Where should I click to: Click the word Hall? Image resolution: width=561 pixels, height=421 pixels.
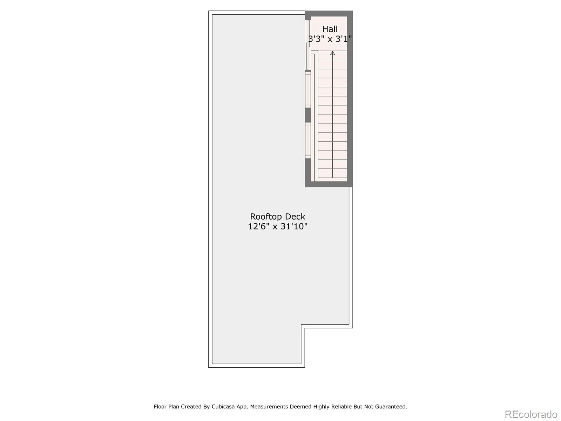[330, 29]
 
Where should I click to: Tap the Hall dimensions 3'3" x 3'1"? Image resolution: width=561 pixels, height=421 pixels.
[330, 39]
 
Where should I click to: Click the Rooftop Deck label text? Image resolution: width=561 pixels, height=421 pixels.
[277, 216]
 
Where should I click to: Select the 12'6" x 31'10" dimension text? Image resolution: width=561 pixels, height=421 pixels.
[277, 227]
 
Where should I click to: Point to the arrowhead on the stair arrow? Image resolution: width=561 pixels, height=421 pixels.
[332, 53]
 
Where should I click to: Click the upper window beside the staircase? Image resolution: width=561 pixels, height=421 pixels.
[308, 89]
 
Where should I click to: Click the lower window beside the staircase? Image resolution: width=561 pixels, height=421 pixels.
[308, 140]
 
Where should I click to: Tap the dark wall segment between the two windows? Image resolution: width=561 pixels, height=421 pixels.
[308, 115]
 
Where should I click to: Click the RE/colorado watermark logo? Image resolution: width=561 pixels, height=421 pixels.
[531, 414]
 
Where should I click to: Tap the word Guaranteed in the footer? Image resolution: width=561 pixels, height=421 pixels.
[391, 407]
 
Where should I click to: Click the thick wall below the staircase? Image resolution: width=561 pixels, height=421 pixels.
[329, 184]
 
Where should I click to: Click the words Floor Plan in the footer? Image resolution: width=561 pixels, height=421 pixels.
[166, 407]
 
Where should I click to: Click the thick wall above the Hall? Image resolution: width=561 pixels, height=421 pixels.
[329, 13]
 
